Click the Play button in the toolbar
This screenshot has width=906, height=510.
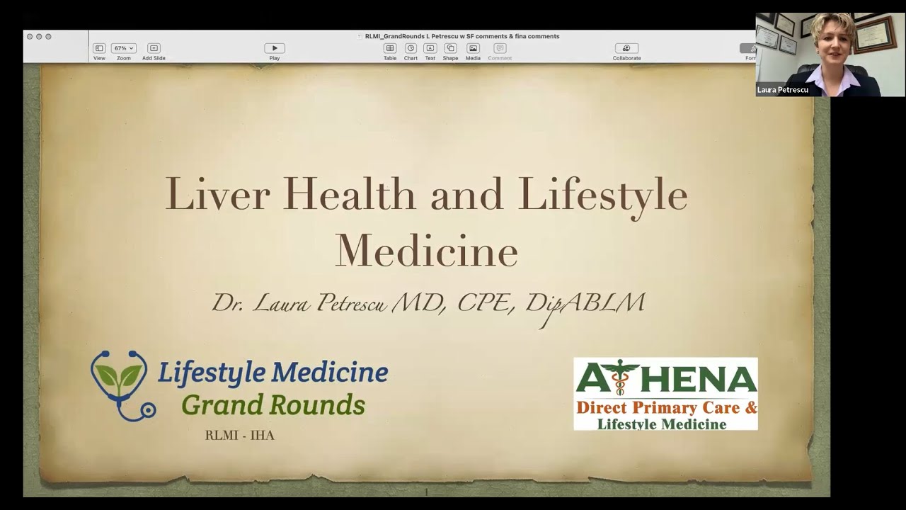275,48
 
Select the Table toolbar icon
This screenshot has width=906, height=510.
390,48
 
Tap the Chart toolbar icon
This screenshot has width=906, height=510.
411,48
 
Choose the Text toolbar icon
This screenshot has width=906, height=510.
430,48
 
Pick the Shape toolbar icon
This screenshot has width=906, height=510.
450,48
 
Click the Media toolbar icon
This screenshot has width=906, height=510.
473,48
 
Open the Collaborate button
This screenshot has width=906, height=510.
626,48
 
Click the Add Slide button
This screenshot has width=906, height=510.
154,48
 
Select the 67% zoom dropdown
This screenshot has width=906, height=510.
124,48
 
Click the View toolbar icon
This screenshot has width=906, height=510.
99,48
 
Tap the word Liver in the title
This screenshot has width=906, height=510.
217,194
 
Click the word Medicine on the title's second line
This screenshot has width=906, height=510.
427,251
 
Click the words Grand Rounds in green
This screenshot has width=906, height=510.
273,405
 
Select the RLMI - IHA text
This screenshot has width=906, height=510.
239,436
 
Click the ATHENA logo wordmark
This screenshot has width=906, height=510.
665,379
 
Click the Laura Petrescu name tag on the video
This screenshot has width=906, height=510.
783,90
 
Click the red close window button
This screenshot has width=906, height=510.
30,36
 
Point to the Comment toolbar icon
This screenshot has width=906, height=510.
500,48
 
